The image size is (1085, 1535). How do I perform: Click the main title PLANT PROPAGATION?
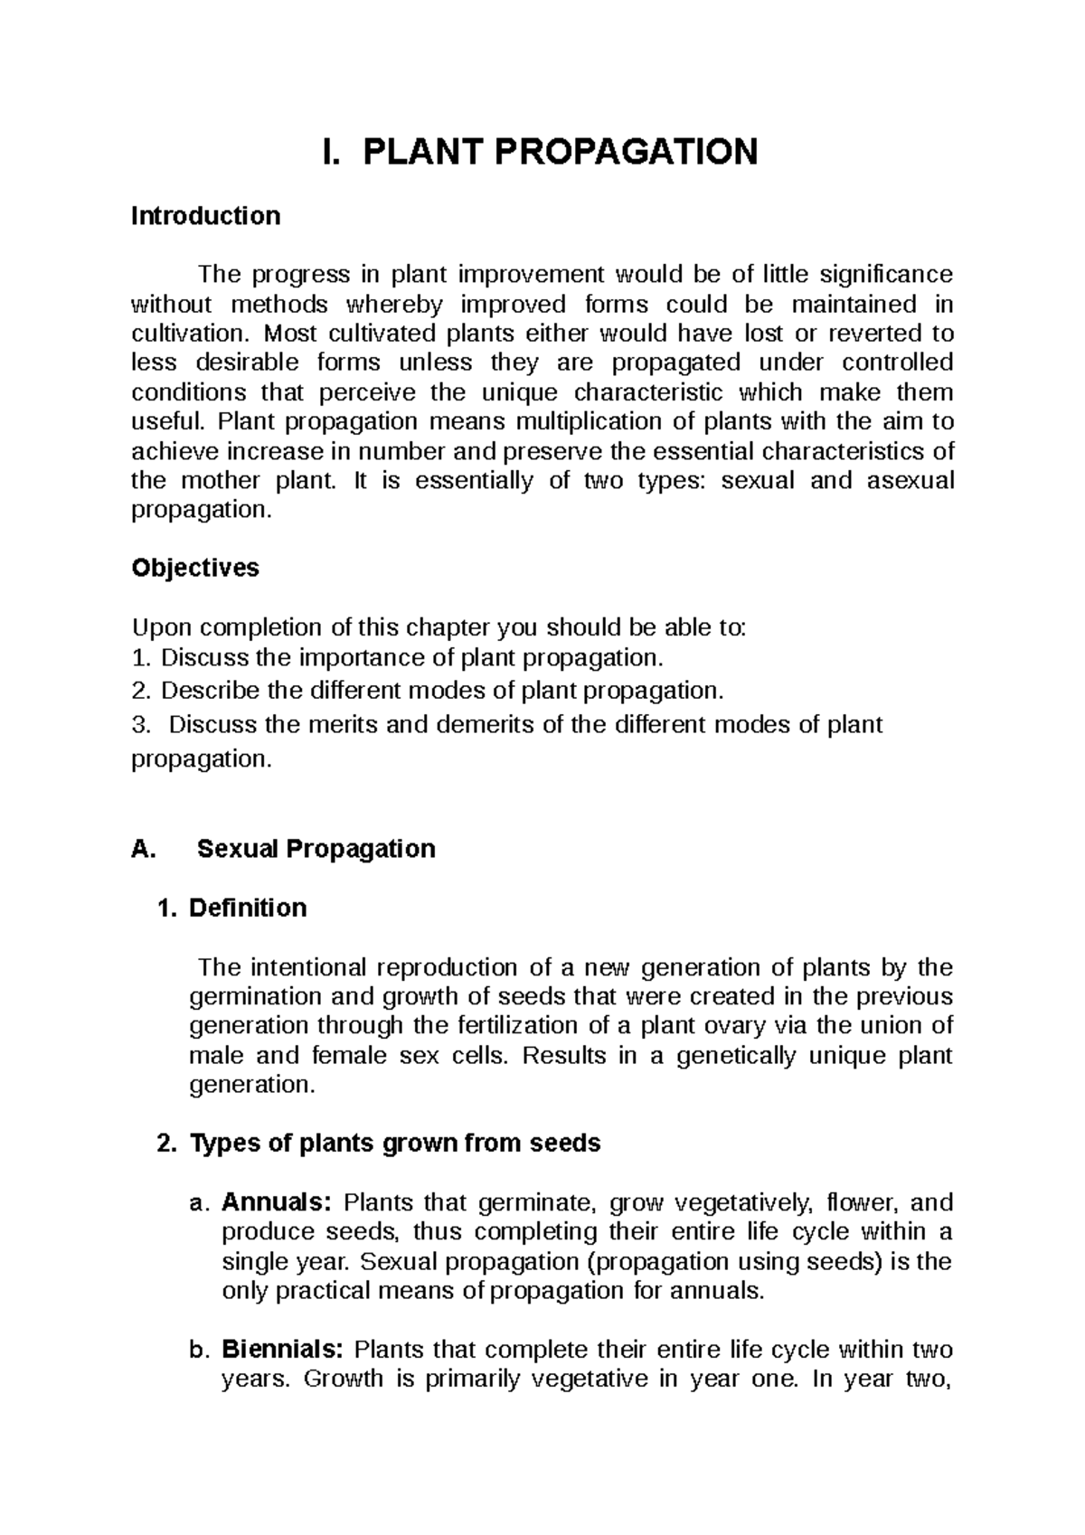[x=560, y=152]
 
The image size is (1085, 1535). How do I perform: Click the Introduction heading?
[x=205, y=216]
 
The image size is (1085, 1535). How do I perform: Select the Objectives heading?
[x=195, y=568]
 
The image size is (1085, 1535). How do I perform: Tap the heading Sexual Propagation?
[x=316, y=849]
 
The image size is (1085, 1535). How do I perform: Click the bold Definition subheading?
[x=247, y=908]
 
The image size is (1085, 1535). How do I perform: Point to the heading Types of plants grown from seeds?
[x=394, y=1144]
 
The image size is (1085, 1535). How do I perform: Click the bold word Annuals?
[x=278, y=1203]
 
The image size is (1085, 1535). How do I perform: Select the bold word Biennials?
[x=282, y=1350]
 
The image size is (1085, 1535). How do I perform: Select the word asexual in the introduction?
[x=910, y=480]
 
